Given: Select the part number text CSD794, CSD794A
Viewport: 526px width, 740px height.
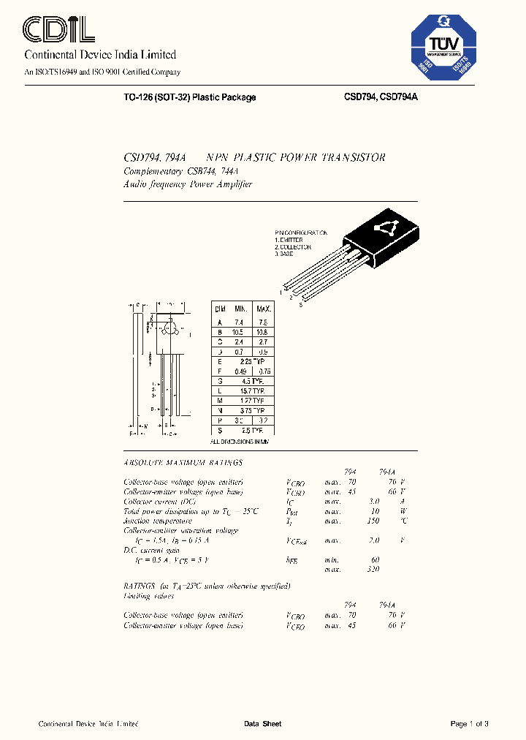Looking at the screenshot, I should (381, 97).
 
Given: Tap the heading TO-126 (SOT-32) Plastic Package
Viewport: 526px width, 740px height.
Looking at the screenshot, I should (190, 97).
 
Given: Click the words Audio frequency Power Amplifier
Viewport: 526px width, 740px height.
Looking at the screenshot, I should (188, 184).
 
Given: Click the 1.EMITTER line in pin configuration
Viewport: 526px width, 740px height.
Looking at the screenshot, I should (290, 240).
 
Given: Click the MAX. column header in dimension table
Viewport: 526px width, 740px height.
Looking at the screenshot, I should (263, 310).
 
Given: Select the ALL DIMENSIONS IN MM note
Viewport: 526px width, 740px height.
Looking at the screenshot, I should (240, 442).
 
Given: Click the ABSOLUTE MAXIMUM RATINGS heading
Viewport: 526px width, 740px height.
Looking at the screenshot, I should (183, 463).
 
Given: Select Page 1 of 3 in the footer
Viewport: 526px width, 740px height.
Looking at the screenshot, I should (469, 724).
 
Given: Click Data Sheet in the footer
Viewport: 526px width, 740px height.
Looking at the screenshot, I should (262, 724).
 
